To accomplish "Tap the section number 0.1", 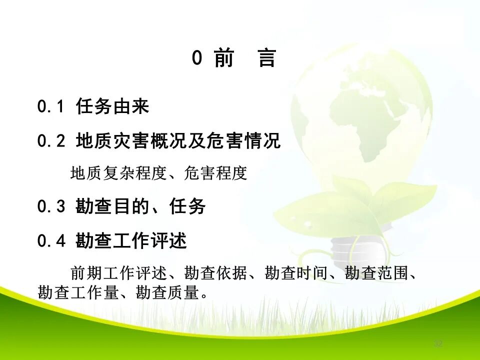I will click(51, 106).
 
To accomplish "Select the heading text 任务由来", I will click(112, 106).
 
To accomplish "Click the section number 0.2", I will click(51, 141).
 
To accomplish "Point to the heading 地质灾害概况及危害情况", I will click(178, 141).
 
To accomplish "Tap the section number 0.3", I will click(51, 206).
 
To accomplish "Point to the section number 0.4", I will click(51, 241).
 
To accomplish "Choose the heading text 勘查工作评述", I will click(131, 241).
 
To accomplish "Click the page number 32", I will click(438, 343).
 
